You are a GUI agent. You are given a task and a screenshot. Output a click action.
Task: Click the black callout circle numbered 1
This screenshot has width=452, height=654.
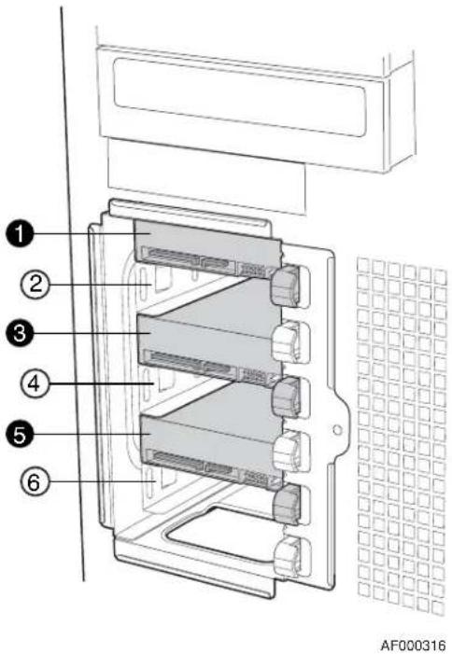[x=20, y=235]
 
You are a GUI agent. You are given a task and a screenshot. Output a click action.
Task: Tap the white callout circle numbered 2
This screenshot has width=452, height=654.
[x=35, y=285]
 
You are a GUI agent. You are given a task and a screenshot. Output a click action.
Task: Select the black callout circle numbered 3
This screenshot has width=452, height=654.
[x=20, y=334]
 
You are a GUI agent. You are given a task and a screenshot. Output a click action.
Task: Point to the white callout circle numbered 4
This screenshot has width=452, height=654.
[x=35, y=383]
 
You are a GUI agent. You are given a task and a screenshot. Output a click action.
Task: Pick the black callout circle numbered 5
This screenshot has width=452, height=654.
[x=20, y=434]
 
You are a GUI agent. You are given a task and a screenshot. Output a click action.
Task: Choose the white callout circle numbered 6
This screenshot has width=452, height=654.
[x=35, y=482]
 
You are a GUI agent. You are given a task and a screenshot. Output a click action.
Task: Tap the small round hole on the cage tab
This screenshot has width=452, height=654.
[x=338, y=429]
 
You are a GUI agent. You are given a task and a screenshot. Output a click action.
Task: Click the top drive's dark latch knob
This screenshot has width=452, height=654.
[x=286, y=285]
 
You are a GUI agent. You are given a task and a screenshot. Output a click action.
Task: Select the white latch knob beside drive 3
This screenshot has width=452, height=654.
[x=286, y=342]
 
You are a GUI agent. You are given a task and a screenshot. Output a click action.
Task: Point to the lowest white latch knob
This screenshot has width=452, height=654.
[x=288, y=556]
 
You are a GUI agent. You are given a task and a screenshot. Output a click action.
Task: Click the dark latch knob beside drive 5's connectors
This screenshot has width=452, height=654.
[x=286, y=397]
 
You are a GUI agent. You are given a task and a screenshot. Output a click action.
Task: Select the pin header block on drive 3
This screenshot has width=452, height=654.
[x=254, y=376]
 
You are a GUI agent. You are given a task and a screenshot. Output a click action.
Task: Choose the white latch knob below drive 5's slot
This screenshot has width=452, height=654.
[x=287, y=452]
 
